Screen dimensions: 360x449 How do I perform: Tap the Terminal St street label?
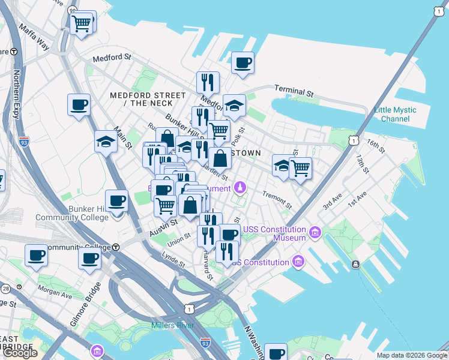pos(294,91)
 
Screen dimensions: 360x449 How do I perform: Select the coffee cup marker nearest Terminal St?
pos(243,63)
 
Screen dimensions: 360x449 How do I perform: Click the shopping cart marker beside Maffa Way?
pos(81,24)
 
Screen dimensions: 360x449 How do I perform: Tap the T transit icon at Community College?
pos(115,247)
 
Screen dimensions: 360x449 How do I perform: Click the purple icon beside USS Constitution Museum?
pos(315,231)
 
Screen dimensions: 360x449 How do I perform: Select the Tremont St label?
pos(277,201)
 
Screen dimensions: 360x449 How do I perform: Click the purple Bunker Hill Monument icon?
pos(240,188)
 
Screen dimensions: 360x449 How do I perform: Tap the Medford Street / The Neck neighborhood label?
pos(147,100)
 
